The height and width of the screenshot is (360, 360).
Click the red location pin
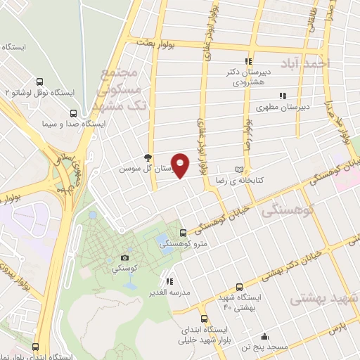pos(181,166)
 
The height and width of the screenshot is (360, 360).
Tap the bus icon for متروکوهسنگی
pos(184,233)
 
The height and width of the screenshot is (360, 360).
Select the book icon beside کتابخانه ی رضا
pos(240,170)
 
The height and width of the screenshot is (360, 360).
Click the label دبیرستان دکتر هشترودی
pos(247,76)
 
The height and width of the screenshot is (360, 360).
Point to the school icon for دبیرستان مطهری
pos(282,96)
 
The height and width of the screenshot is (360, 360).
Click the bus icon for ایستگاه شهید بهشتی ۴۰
pos(240,287)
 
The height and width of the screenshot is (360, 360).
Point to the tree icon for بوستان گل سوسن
pos(147,157)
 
